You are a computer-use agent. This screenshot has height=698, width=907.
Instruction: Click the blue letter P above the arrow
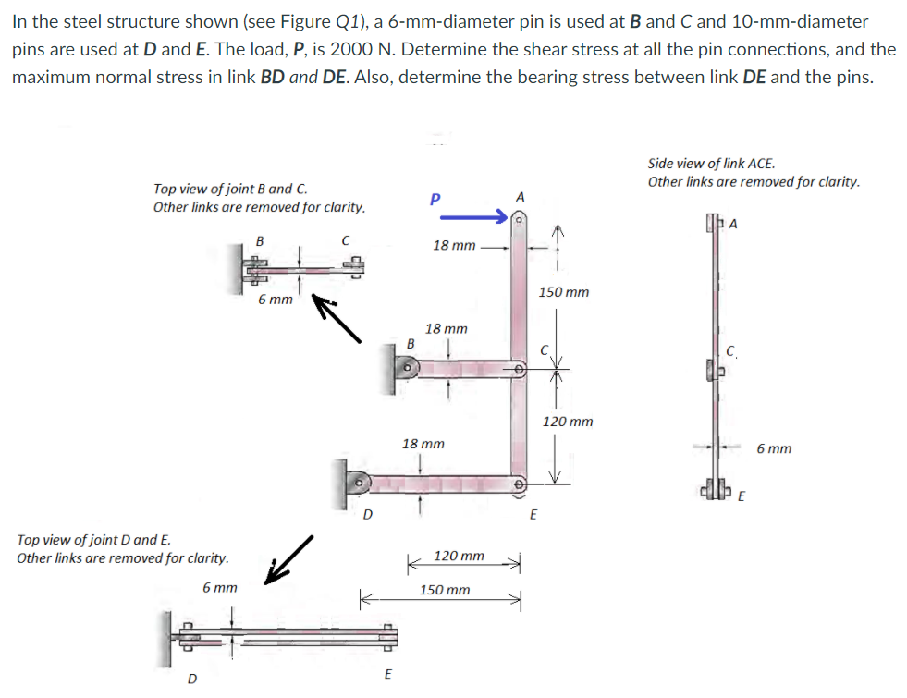click(436, 199)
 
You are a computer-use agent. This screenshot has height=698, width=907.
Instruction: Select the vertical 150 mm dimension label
click(563, 292)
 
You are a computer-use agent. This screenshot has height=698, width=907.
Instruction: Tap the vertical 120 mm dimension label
click(568, 422)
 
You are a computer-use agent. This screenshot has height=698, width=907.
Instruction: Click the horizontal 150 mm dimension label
click(444, 590)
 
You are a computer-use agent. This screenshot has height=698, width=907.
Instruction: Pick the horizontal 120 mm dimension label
click(459, 556)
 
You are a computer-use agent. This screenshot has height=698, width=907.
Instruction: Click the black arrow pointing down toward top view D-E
click(288, 560)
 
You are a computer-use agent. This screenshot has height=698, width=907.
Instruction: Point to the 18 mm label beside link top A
click(454, 246)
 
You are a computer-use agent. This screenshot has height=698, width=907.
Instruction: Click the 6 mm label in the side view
click(773, 448)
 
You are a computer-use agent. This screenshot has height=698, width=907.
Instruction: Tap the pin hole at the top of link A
click(520, 222)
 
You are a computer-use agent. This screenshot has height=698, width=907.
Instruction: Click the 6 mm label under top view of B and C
click(275, 300)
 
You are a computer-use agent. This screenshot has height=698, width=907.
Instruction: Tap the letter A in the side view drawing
click(735, 221)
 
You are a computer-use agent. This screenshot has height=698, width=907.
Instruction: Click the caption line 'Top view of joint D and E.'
click(93, 539)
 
